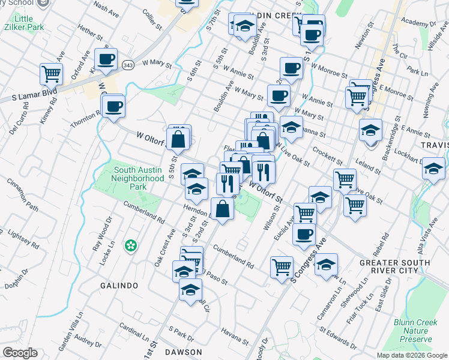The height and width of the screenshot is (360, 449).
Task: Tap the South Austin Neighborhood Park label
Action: (139, 178)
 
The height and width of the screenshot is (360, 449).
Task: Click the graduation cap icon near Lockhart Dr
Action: (433, 169)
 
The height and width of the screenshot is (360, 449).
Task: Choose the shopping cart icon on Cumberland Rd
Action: (282, 267)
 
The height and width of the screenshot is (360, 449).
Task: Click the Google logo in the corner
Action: (20, 353)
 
